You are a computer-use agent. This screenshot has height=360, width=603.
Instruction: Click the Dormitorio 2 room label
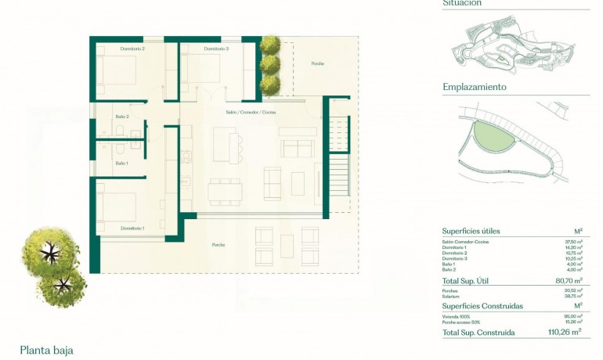132,49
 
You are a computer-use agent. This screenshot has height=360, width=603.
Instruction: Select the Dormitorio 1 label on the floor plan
132,228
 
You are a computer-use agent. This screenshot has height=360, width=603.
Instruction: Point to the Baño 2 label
121,117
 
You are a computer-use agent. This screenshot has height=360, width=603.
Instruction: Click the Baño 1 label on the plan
121,163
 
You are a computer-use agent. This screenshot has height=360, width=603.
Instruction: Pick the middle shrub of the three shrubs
270,63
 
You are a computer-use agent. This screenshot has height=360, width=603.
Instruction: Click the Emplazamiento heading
474,87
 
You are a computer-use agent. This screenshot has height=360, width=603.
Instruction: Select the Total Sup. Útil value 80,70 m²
568,280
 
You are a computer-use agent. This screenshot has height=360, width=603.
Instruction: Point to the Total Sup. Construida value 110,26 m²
565,332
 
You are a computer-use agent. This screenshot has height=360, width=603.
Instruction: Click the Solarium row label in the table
452,296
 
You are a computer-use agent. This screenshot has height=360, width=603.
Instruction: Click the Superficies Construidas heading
482,306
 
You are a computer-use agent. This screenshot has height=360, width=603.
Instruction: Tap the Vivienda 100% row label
455,317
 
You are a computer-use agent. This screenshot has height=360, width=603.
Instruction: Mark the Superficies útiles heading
471,231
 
